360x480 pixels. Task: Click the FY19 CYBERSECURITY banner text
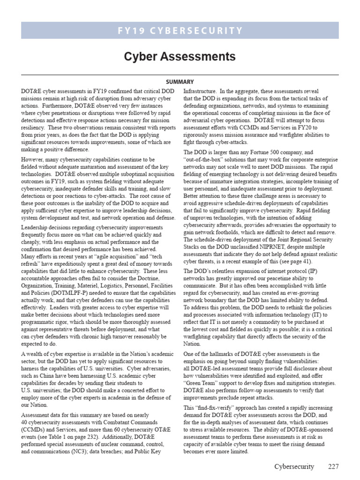[x=180, y=31]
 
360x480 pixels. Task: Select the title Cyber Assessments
[x=180, y=57]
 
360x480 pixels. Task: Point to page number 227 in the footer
[x=333, y=467]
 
